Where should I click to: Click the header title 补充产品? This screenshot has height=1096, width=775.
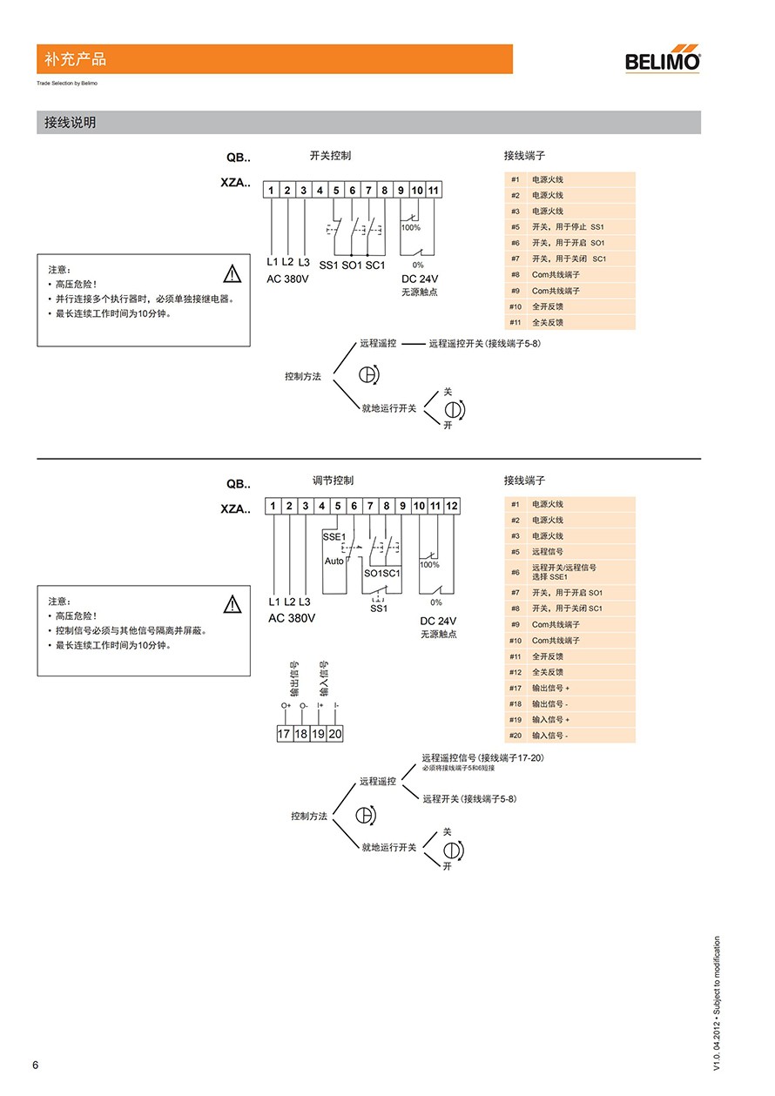pos(75,59)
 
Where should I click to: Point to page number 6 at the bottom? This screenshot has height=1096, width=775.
pos(36,1066)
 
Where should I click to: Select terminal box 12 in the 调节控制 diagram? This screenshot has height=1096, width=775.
pos(451,506)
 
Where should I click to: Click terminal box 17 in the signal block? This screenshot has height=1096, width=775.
pos(284,734)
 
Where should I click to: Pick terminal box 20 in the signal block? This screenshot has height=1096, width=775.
pos(335,734)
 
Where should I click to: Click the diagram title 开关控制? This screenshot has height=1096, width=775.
pos(331,156)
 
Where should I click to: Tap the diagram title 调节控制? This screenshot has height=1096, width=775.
pos(333,481)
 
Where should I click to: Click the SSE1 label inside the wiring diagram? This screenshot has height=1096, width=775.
pos(334,536)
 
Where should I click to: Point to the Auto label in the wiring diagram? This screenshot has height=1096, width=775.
pos(334,561)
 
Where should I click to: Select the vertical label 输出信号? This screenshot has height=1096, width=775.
pos(294,679)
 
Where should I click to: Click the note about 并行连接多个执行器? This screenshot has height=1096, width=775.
pos(145,299)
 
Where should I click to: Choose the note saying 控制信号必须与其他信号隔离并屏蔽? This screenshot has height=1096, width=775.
pos(131,630)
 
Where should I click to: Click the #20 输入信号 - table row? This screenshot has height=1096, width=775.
pos(569,736)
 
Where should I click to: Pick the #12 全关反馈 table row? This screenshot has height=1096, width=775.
pos(569,672)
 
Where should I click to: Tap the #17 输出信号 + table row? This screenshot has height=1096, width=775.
pos(569,688)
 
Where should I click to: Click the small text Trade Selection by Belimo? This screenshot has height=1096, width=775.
pos(67,84)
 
